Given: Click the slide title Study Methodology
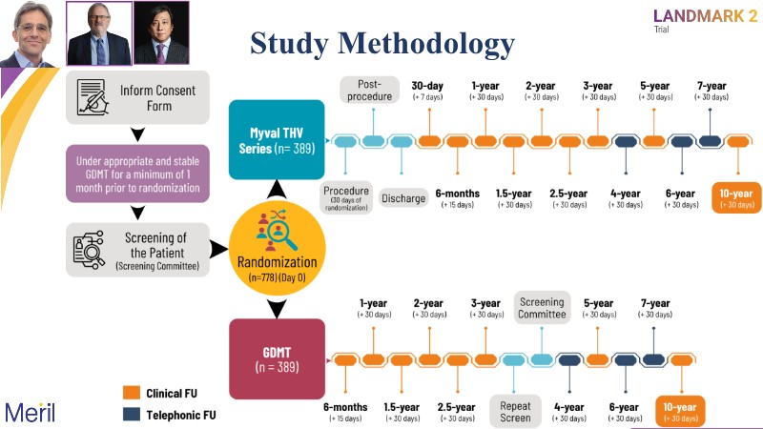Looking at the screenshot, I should click(382, 43).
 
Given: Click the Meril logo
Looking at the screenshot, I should click(30, 412).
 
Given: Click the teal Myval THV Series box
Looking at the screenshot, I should click(276, 140).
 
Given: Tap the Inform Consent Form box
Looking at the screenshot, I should click(138, 97).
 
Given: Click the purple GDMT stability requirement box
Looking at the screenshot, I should click(138, 173).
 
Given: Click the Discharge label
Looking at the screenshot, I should click(403, 198).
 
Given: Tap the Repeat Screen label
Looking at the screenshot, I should click(516, 411).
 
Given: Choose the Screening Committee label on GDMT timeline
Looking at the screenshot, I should click(542, 307).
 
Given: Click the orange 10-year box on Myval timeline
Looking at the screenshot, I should click(738, 198).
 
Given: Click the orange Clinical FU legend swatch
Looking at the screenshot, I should click(134, 392).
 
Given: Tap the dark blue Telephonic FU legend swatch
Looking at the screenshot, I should click(134, 415).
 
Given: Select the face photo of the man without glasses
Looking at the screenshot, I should click(31, 33).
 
